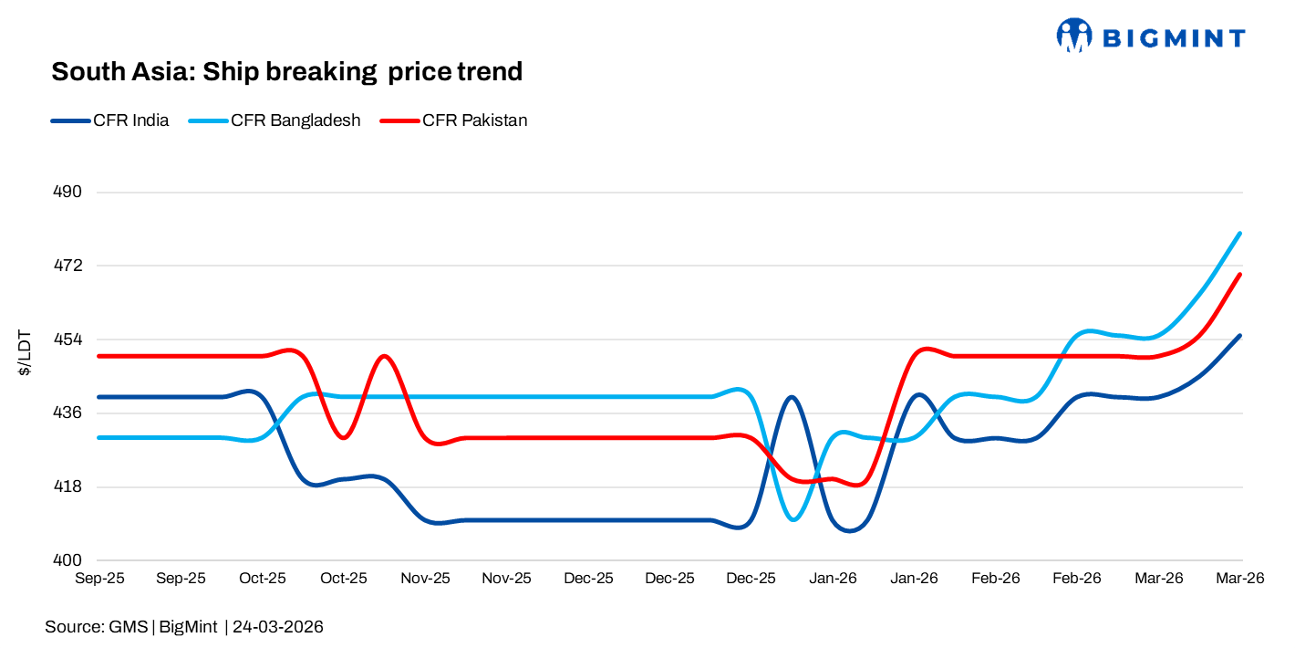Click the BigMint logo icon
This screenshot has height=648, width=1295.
tap(1073, 36)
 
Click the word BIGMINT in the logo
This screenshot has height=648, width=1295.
tap(1173, 37)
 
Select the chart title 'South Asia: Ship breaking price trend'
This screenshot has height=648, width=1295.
tap(286, 72)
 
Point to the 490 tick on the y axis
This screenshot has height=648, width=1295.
tap(69, 193)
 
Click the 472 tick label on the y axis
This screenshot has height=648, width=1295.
tap(69, 266)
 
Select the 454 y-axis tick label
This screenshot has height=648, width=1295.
tap(69, 340)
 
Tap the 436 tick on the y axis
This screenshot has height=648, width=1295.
tap(69, 413)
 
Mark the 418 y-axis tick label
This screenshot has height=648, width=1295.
tap(69, 486)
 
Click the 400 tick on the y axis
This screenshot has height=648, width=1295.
tap(69, 560)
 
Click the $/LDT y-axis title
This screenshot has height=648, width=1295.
tap(26, 352)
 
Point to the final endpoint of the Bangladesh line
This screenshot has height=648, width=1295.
tap(1240, 234)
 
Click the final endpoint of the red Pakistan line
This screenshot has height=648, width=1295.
tap(1240, 274)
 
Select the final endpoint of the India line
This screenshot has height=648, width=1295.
tap(1240, 336)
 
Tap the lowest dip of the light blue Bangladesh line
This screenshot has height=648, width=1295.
tap(793, 519)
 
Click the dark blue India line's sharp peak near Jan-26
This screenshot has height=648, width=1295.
tap(792, 397)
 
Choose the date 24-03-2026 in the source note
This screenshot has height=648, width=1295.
tap(277, 627)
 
